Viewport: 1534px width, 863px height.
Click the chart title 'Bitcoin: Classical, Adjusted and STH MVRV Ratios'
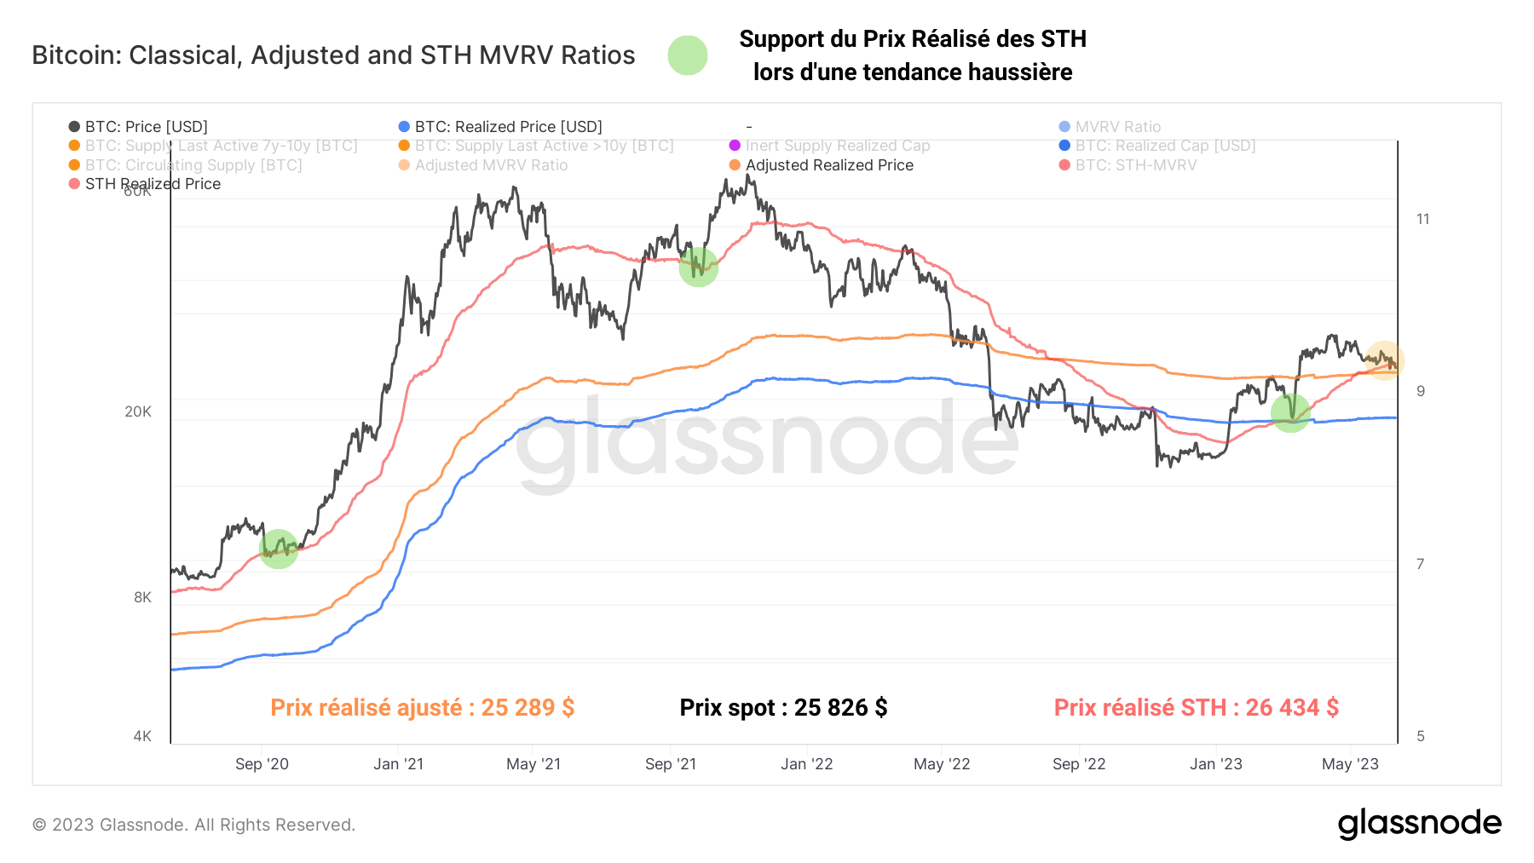[x=333, y=55]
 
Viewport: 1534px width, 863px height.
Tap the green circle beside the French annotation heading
[x=687, y=55]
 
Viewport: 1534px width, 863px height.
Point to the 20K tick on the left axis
[x=138, y=411]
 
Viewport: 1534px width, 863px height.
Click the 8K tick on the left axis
[x=142, y=597]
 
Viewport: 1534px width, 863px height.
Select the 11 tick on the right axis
[x=1422, y=219]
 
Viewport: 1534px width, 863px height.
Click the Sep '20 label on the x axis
[x=262, y=764]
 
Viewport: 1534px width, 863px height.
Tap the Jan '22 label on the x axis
[x=806, y=764]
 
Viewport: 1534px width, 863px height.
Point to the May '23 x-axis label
[x=1350, y=764]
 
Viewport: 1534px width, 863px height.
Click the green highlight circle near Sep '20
[x=279, y=549]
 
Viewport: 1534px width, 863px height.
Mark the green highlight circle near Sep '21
[x=698, y=268]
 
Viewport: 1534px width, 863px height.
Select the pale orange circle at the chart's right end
[x=1384, y=360]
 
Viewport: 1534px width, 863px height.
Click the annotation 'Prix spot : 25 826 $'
[x=783, y=708]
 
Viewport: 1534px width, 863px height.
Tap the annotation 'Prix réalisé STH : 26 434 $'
[x=1196, y=708]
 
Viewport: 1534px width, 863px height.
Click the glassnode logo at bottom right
[x=1419, y=824]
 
